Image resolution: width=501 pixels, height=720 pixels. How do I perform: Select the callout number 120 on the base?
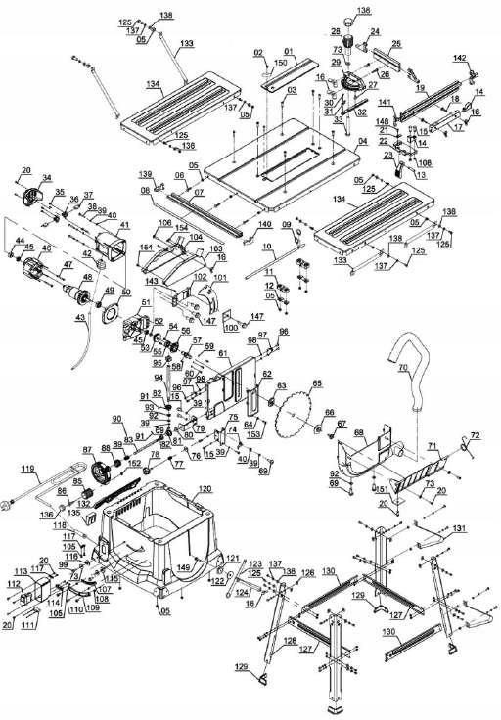[x=204, y=488]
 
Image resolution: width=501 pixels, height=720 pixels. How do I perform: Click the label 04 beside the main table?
[x=363, y=144]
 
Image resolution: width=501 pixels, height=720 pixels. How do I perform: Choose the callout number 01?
[x=289, y=50]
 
